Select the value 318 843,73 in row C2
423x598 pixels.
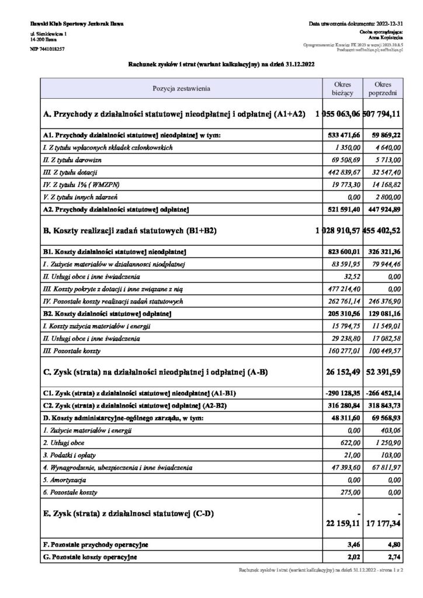point(384,406)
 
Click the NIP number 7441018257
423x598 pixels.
point(47,50)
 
